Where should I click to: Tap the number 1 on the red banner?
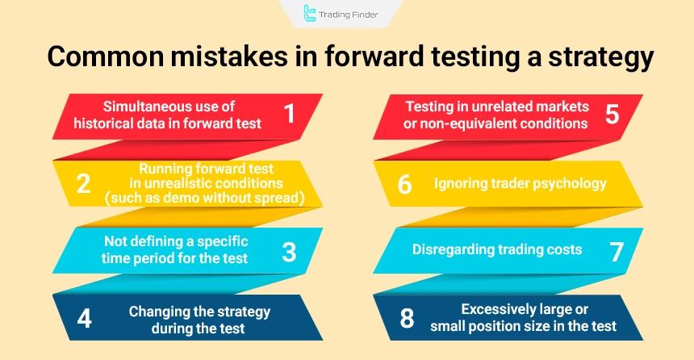tap(289, 115)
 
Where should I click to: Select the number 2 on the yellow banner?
tap(83, 183)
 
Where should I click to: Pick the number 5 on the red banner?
tap(612, 115)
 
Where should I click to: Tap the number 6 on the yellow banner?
tap(405, 183)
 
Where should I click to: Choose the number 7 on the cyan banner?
tap(617, 250)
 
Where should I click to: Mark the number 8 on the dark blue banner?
tap(407, 318)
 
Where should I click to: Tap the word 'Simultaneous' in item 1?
tap(143, 107)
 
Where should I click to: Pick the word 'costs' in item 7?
tap(563, 249)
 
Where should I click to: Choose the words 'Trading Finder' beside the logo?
tap(349, 13)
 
